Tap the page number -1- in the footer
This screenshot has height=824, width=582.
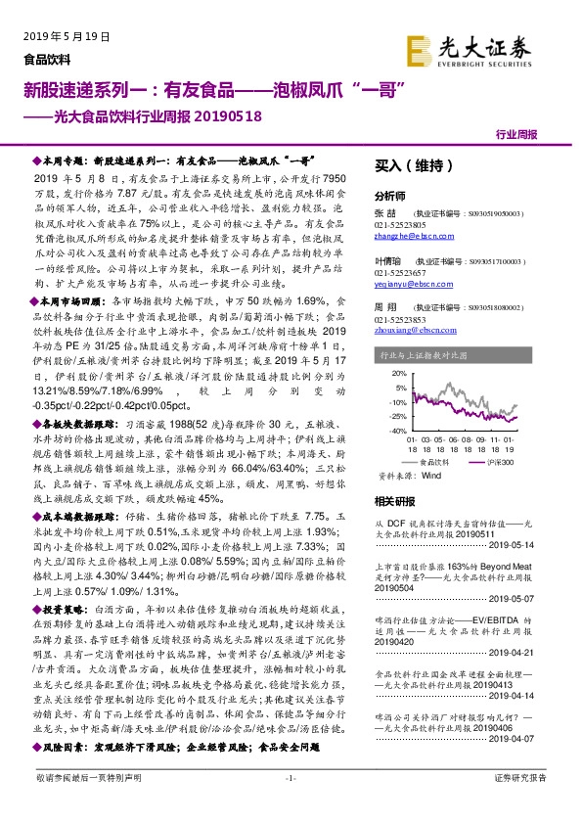(x=290, y=805)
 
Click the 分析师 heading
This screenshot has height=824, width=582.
(x=390, y=196)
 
